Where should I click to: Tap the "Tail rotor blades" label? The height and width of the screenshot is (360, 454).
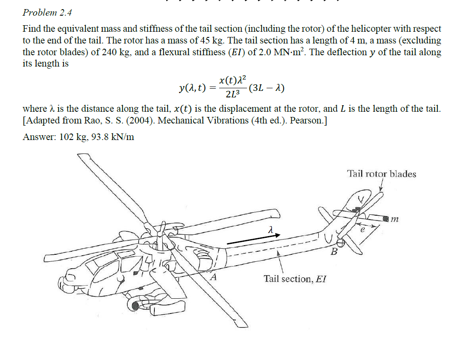(x=381, y=174)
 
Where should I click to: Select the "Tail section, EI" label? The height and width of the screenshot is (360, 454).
(x=295, y=279)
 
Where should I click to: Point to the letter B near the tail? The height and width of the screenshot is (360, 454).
(x=334, y=252)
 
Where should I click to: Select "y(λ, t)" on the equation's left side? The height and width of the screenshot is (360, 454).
(x=192, y=88)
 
